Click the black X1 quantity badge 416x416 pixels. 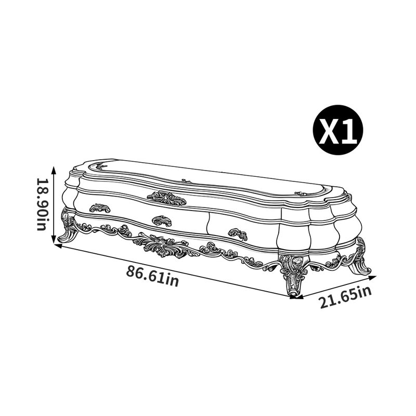point(338,129)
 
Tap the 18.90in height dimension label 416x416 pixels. point(43,204)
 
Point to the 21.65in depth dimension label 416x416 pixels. point(346,297)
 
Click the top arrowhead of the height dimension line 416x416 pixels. point(54,170)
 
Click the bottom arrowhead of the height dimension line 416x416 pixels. point(54,240)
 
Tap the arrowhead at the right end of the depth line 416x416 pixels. point(373,278)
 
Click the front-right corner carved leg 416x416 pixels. point(293,275)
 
